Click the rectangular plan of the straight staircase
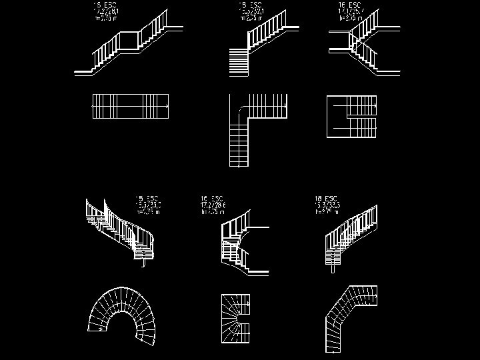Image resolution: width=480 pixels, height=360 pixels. coord(129,107)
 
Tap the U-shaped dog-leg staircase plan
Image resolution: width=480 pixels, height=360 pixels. coord(352,116)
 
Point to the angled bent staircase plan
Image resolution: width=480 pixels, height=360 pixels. coord(349,319)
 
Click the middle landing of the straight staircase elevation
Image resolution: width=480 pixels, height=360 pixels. coord(129,41)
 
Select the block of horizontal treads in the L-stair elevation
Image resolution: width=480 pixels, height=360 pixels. coord(239,61)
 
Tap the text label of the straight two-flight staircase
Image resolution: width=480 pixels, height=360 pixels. coord(107,11)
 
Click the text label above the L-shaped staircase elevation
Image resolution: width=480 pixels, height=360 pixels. coord(251,11)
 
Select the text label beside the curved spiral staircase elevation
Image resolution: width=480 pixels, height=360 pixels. coord(147,205)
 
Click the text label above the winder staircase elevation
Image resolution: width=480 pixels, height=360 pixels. coord(213,205)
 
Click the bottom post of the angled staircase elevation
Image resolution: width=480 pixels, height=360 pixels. coord(332,268)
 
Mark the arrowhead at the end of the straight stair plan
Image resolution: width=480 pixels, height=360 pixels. coord(166,106)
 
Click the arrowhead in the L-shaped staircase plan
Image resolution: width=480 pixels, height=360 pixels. coord(286,105)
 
